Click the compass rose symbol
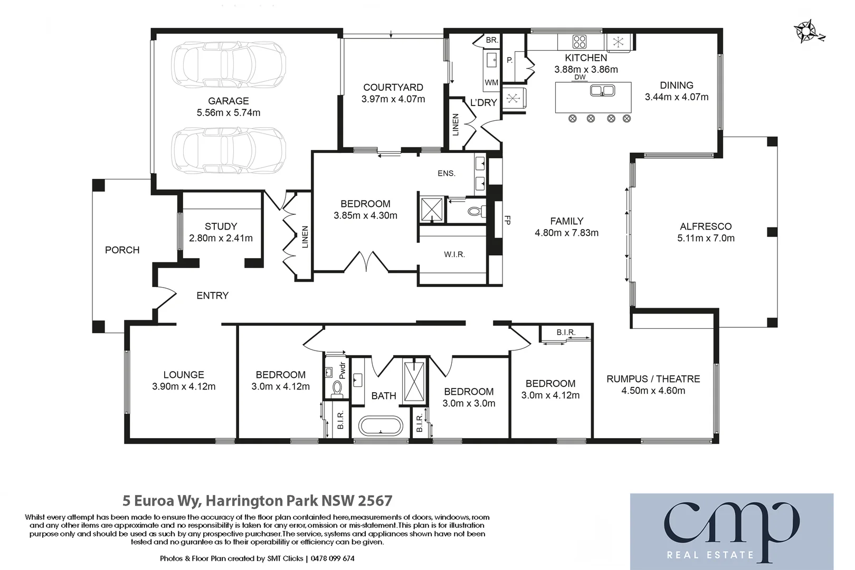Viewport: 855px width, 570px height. [x=807, y=31]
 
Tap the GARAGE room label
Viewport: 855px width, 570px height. [x=228, y=101]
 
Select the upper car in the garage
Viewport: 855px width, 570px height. [x=228, y=65]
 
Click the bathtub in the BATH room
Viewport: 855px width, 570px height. [x=381, y=426]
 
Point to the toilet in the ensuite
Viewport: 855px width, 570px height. [x=477, y=212]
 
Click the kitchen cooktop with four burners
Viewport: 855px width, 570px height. [x=579, y=41]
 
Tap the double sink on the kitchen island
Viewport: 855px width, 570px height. [x=602, y=91]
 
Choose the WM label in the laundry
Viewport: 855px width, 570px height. [x=491, y=82]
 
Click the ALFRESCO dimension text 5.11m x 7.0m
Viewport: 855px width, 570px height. [x=706, y=238]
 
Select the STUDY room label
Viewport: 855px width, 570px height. [x=221, y=226]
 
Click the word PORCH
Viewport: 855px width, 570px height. [x=122, y=250]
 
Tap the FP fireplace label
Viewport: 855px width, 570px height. [x=507, y=220]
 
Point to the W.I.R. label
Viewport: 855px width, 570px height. [x=454, y=254]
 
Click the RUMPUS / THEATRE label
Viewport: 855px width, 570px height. [x=653, y=379]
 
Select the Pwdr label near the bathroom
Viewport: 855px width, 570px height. [x=342, y=370]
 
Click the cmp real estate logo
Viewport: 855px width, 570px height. [x=731, y=531]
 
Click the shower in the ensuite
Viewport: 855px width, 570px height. [x=431, y=210]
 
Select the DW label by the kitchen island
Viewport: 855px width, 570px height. [x=579, y=77]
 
